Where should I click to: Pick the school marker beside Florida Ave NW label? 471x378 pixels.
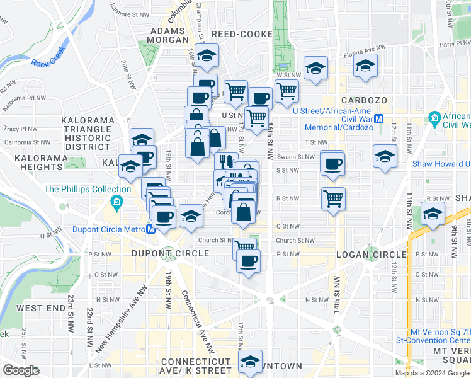[x=315, y=69]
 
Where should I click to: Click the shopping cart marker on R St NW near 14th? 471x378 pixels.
[x=333, y=198]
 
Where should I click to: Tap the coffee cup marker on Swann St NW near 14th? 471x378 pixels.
[x=332, y=163]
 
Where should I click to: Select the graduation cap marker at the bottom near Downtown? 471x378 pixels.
[x=251, y=362]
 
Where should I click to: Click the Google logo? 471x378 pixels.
[x=21, y=370]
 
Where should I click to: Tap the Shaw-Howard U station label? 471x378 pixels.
[x=441, y=164]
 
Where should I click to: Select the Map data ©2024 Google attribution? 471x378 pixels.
[x=431, y=373]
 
